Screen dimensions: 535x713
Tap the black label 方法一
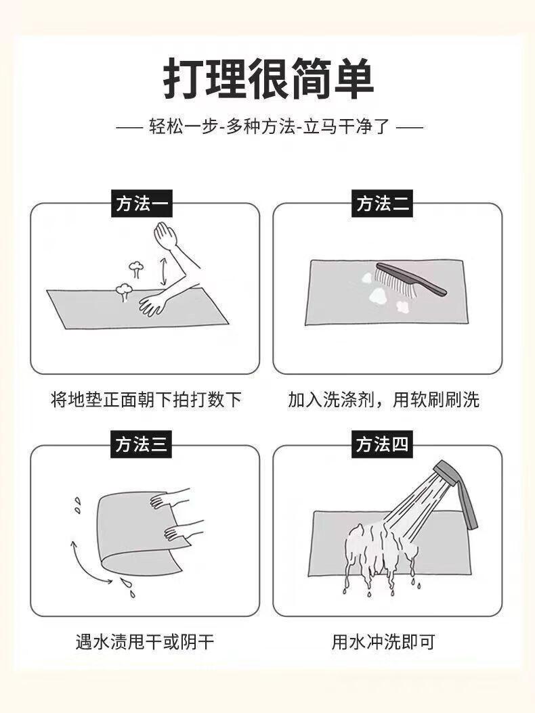141,203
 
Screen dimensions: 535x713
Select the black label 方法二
382,203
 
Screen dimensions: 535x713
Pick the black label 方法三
141,444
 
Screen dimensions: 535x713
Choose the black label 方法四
382,444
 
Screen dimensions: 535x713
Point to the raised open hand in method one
165,235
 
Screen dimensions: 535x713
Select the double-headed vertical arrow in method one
163,271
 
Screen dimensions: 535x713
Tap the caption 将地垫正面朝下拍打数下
146,400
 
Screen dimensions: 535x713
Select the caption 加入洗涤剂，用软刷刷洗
384,400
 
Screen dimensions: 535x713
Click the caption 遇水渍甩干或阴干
145,641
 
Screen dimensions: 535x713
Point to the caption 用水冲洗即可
383,641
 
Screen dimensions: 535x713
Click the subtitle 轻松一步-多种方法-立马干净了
270,127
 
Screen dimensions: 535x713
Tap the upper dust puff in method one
135,269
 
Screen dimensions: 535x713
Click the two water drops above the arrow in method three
77,505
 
